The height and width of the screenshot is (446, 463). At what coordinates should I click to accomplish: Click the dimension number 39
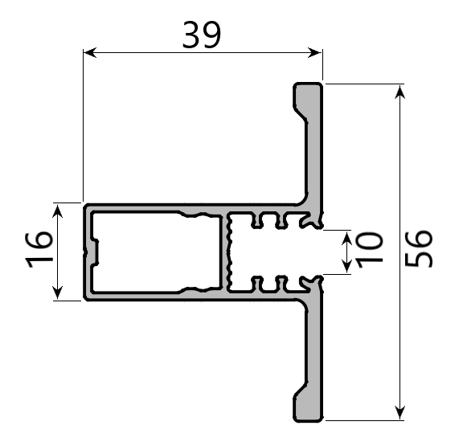[x=201, y=35]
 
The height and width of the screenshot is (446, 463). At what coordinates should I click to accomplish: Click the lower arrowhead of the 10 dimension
[x=346, y=268]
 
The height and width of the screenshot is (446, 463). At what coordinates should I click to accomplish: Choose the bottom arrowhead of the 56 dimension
[x=399, y=413]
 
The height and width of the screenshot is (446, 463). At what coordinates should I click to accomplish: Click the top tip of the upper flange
[x=308, y=84]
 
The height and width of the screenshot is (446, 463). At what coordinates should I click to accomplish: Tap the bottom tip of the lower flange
[x=308, y=419]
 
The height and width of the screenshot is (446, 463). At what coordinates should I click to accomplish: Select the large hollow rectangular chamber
[x=153, y=252]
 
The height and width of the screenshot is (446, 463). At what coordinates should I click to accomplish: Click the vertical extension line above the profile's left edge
[x=83, y=121]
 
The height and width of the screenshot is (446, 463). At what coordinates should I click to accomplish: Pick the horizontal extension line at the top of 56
[x=362, y=83]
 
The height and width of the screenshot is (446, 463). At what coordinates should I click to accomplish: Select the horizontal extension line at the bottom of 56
[x=362, y=420]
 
